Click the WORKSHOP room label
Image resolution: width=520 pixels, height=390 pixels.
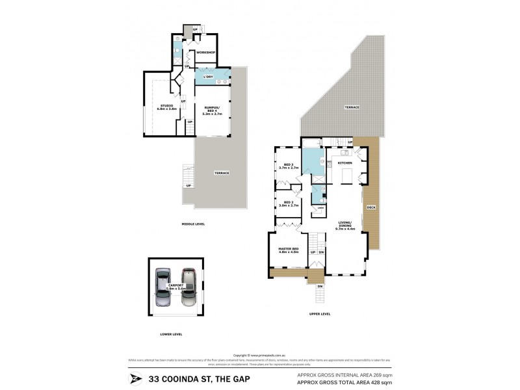coord(206,53)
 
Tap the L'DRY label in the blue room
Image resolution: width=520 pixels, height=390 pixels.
coord(208,77)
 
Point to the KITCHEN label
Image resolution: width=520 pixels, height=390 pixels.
coord(344,162)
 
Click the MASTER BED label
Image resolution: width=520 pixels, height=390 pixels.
coord(287,250)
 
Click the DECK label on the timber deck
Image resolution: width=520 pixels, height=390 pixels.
coord(371,207)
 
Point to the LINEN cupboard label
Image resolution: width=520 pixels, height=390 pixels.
coord(320,209)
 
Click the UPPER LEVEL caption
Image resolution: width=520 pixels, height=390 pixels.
coord(320,314)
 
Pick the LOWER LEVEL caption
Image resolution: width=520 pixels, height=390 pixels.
coord(170,334)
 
